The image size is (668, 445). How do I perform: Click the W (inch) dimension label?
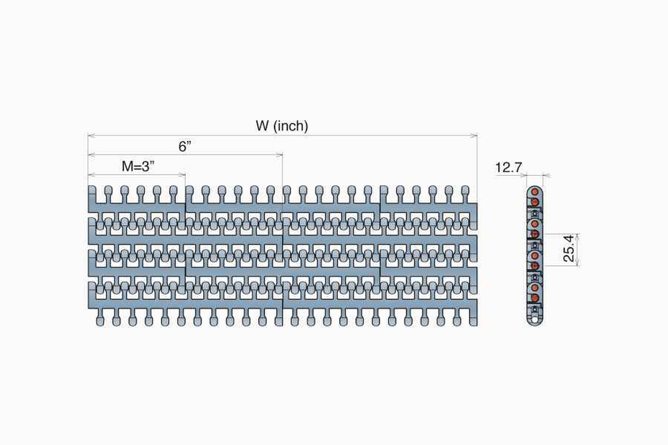282,126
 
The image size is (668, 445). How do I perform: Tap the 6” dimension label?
185,146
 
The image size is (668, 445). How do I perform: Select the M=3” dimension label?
138,166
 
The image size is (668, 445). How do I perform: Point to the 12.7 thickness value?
508,167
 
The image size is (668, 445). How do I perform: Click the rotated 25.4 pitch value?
568,248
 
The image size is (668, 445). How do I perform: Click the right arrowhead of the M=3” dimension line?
182,175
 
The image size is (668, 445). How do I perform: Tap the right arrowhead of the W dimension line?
474,136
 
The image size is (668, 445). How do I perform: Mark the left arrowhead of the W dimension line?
91,136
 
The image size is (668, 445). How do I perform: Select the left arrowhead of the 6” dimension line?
91,155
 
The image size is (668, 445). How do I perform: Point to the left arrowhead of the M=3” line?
91,175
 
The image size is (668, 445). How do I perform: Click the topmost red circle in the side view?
535,191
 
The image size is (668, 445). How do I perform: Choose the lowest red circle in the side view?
535,298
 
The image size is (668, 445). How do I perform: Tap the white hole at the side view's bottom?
535,320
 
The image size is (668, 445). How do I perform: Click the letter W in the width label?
262,126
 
